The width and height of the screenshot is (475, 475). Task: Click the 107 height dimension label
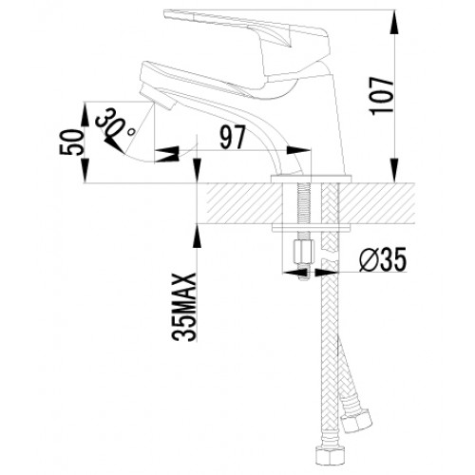381,96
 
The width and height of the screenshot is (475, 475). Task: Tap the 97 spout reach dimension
233,137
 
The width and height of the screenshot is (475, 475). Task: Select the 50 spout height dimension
71,142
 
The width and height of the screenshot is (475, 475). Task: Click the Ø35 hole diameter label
383,260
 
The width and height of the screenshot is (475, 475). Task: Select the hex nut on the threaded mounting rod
303,252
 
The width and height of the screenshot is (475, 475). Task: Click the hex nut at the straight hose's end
331,456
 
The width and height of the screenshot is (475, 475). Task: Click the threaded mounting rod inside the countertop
303,205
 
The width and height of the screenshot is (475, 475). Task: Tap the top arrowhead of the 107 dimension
393,22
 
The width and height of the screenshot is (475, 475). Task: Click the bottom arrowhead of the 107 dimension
393,170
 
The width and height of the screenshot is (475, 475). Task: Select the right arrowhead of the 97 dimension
298,150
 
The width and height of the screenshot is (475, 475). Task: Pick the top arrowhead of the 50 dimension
85,114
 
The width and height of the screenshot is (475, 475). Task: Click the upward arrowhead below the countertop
197,237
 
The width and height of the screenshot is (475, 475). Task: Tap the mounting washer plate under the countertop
312,229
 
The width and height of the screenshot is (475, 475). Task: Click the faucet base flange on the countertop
312,179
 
